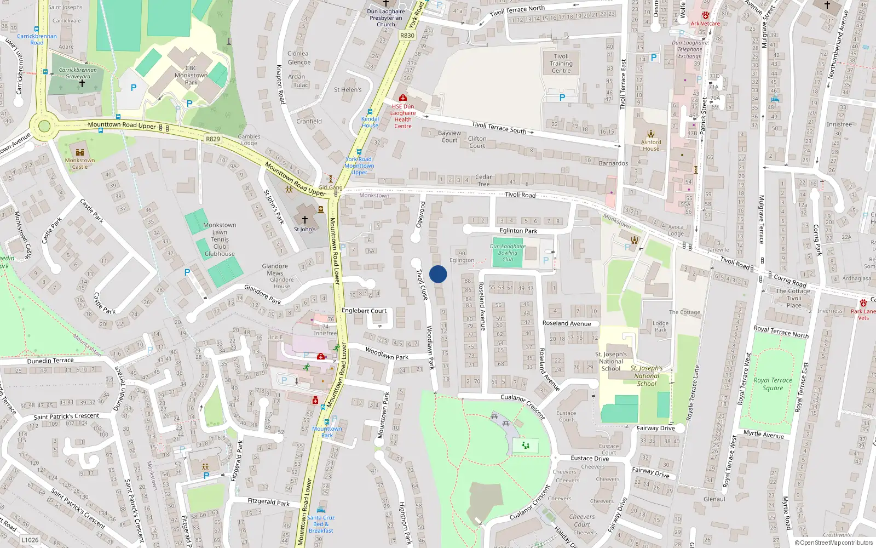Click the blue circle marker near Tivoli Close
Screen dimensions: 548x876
[x=438, y=274]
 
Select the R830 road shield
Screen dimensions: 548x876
[x=407, y=36]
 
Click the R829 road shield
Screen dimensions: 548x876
[x=213, y=139]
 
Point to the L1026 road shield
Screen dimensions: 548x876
[x=30, y=540]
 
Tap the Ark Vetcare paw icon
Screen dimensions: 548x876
[x=705, y=16]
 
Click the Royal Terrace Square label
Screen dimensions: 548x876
[x=773, y=384]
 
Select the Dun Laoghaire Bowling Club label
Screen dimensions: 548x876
[x=508, y=253]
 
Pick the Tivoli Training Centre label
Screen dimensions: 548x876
[x=561, y=64]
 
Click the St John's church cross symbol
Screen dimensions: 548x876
[x=305, y=220]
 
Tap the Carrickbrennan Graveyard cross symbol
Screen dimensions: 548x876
[x=82, y=83]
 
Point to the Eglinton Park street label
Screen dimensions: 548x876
[x=518, y=231]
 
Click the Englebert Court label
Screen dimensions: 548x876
[x=364, y=311]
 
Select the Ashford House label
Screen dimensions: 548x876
[x=651, y=145]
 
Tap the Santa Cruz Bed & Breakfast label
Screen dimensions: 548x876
[x=321, y=524]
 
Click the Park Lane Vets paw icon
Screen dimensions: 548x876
[x=863, y=303]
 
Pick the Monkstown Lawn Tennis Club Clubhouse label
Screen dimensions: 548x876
[x=220, y=239]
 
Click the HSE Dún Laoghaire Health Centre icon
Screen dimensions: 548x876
[x=403, y=98]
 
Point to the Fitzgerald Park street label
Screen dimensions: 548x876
[x=268, y=502]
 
